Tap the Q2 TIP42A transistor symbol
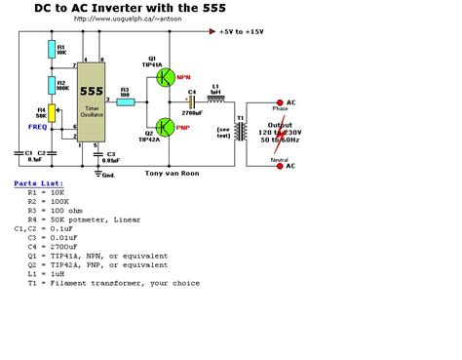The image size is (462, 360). coord(166,126)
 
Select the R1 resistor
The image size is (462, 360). coord(51,49)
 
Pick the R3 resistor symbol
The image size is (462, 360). coord(126,101)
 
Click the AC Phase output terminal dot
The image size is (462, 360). coord(281,101)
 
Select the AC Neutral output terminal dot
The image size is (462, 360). coord(281,166)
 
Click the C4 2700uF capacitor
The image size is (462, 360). coord(191,101)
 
